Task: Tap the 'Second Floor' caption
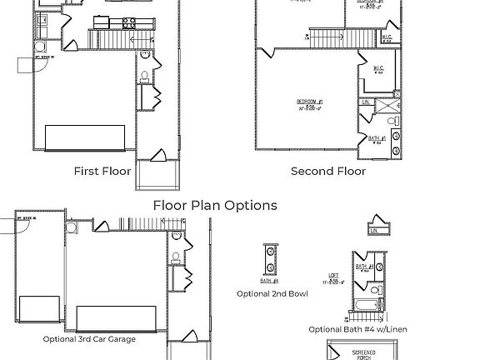point(327,171)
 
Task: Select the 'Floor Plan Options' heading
point(215,205)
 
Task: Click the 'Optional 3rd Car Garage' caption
point(89,339)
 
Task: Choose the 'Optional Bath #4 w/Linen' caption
point(359,329)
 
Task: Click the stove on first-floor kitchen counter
point(129,22)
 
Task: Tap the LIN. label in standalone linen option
point(376,231)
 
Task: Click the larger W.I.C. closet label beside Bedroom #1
point(377,69)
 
